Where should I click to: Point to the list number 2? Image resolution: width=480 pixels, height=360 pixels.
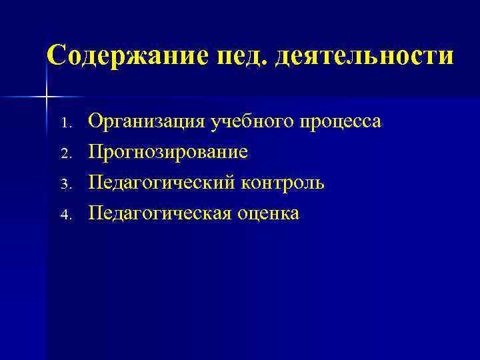[x=64, y=154]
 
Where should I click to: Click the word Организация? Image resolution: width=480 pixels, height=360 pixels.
[x=147, y=122]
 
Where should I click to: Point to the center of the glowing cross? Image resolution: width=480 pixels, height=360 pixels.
[x=46, y=97]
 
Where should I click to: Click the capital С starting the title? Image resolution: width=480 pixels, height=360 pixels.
[x=57, y=55]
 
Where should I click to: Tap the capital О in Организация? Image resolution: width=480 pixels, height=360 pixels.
[x=95, y=121]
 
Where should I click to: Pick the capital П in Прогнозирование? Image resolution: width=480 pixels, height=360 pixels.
[x=96, y=152]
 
